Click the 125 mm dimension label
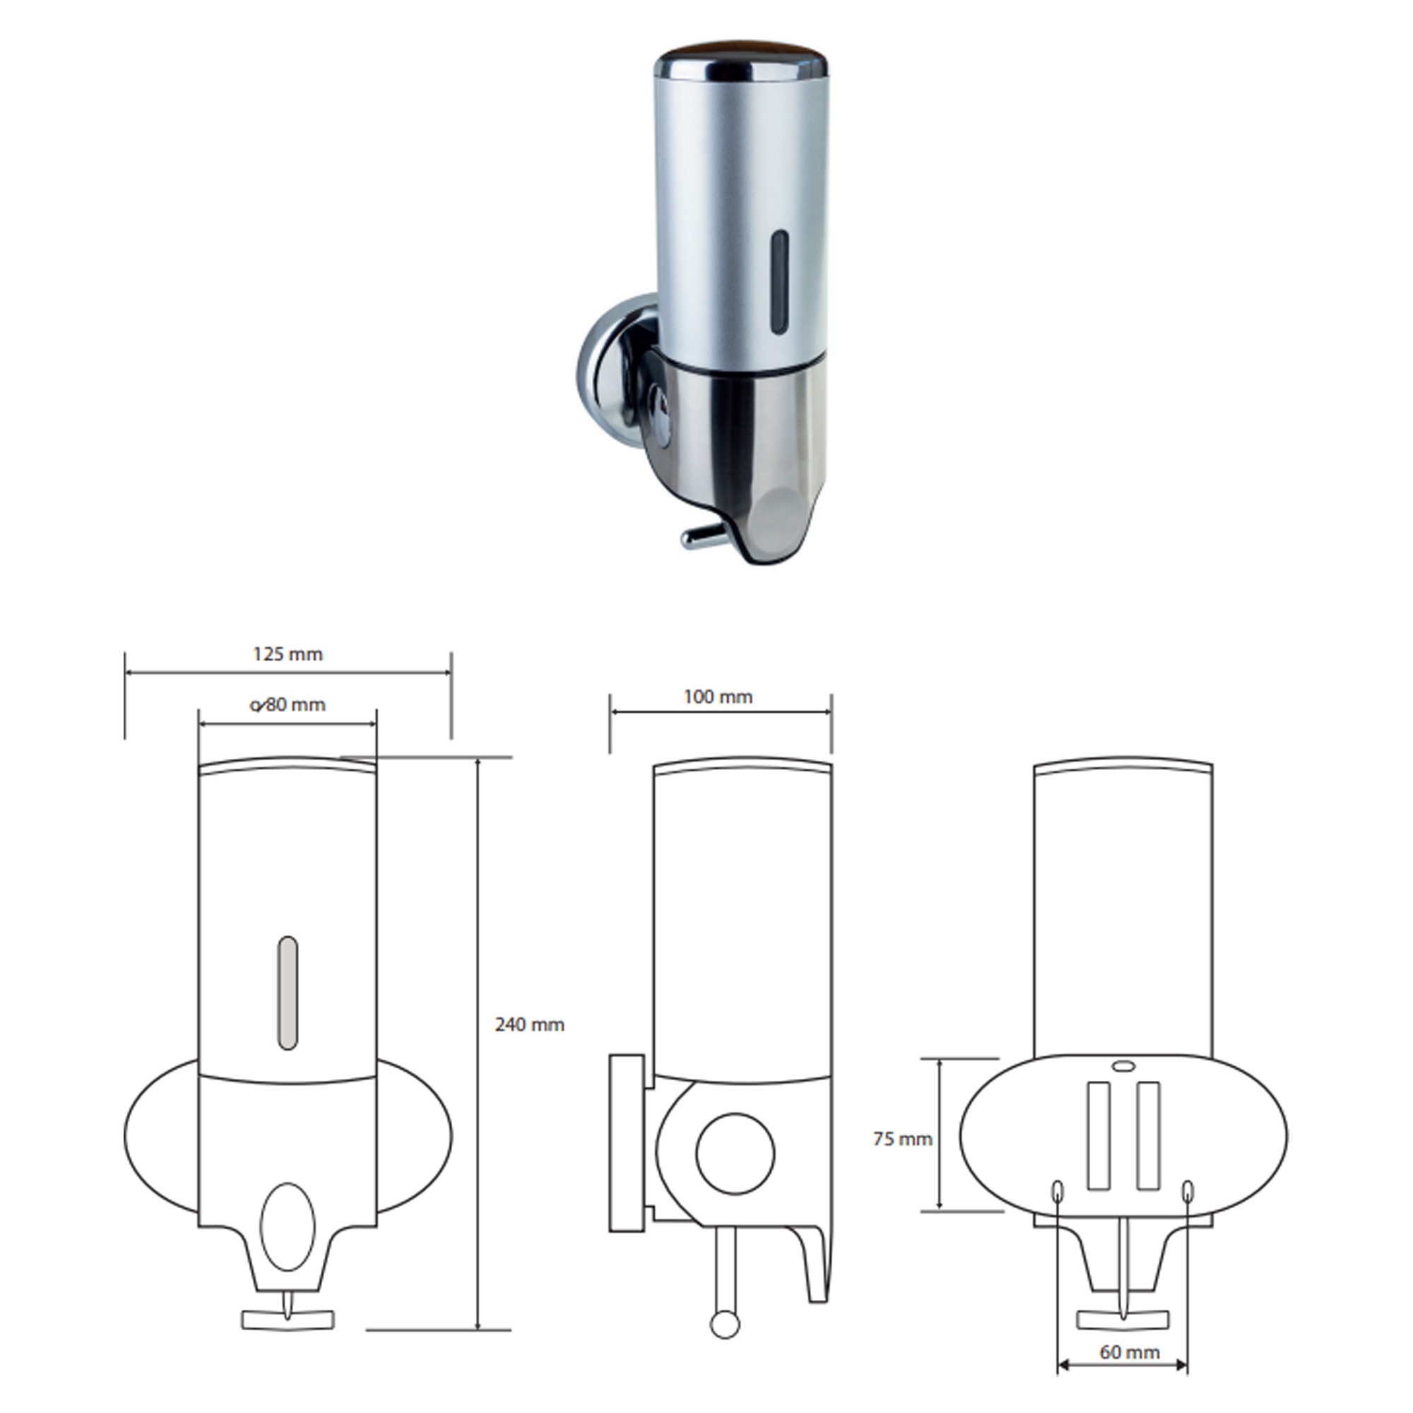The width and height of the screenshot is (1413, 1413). pos(288,654)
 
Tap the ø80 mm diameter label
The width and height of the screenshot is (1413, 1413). pos(288,704)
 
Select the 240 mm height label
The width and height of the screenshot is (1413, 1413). pos(529,1024)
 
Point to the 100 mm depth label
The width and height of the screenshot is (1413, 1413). pos(718,697)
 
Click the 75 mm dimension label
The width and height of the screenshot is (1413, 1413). pos(902,1139)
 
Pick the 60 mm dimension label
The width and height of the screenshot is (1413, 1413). pos(1129,1352)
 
